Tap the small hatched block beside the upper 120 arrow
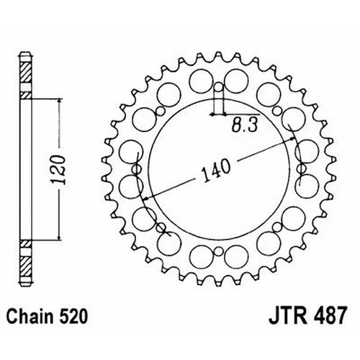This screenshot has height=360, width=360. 26,96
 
